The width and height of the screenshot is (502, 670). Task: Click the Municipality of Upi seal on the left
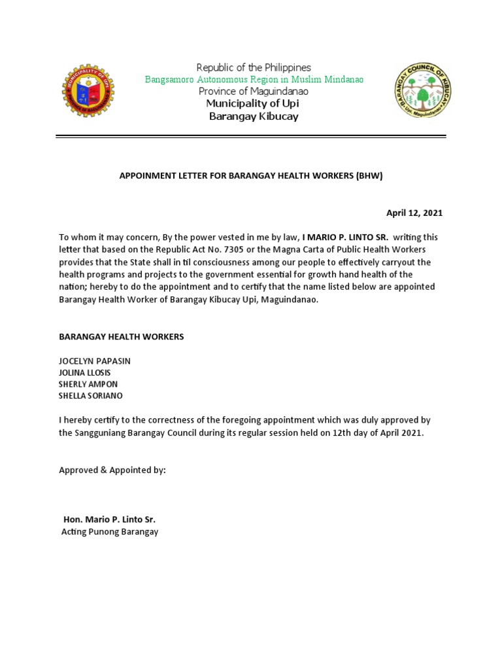[x=88, y=91]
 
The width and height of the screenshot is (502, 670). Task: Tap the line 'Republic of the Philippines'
[x=254, y=67]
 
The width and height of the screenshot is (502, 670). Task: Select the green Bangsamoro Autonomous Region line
[x=254, y=80]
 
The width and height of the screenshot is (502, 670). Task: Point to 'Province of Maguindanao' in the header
[x=254, y=92]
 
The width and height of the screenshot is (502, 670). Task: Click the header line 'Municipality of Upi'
[x=253, y=104]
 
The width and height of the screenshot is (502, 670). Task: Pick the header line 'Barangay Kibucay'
[x=254, y=116]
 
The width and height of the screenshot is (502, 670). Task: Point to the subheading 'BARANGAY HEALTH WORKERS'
[x=122, y=336]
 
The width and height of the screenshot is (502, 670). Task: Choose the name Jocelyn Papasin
[x=99, y=361]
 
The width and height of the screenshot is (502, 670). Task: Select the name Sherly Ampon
[x=88, y=384]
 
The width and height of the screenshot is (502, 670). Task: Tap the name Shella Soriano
[x=91, y=396]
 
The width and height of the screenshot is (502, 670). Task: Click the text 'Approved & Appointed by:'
[x=112, y=470]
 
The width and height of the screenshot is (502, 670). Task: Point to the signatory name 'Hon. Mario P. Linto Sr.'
[x=109, y=520]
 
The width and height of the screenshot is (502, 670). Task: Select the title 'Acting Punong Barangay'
[x=110, y=532]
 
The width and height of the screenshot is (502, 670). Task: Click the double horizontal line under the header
[x=251, y=136]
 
